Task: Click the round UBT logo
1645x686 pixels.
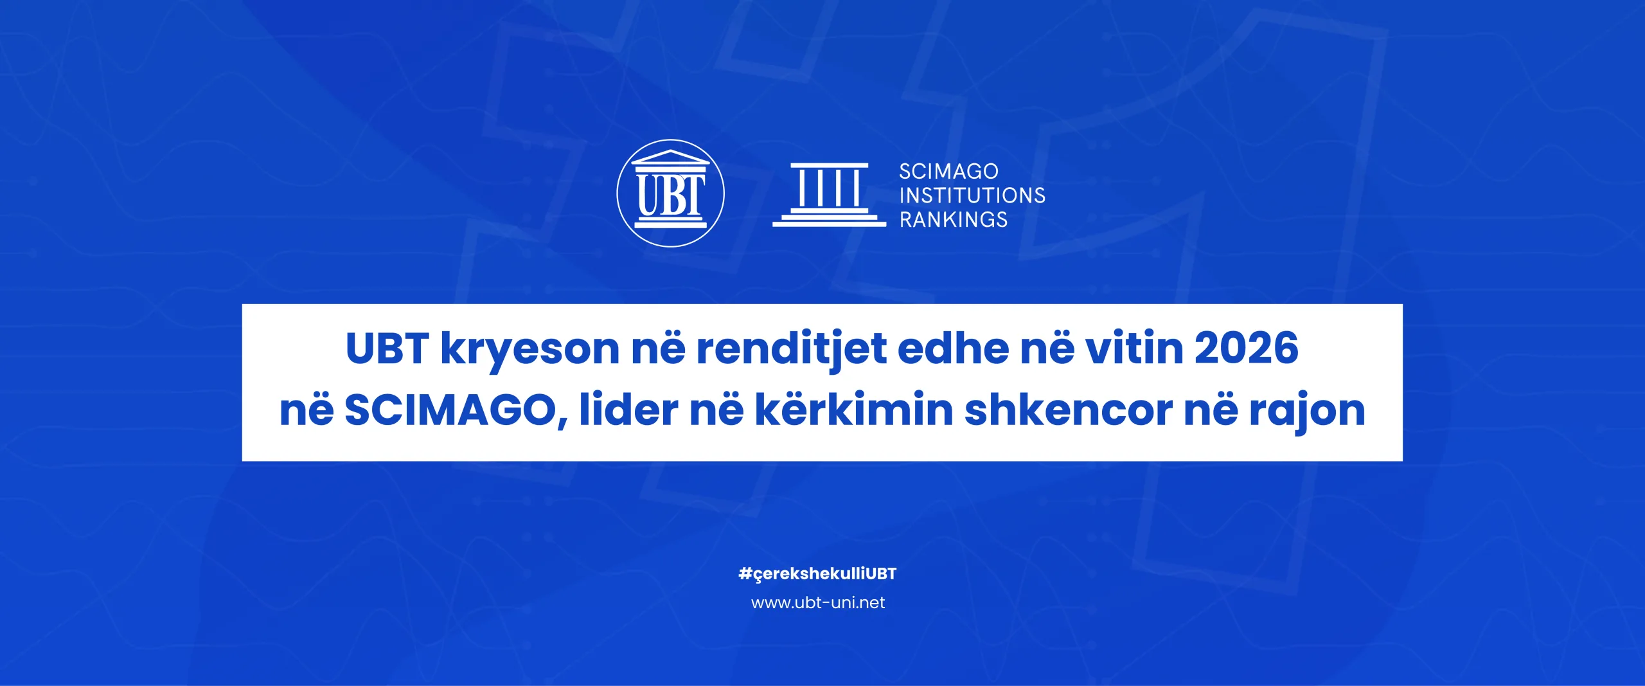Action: (670, 193)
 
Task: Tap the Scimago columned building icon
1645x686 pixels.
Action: (829, 195)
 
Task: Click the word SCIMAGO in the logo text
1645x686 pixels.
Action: (948, 172)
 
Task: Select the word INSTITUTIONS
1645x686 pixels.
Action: (972, 195)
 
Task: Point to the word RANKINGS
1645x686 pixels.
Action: (954, 220)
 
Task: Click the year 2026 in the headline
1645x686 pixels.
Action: (1247, 348)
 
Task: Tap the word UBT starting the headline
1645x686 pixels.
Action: (387, 348)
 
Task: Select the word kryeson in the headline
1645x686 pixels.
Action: (530, 351)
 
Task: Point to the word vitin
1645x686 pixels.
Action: (1135, 348)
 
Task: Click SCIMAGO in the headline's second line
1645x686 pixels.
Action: (450, 410)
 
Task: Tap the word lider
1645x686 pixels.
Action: (628, 409)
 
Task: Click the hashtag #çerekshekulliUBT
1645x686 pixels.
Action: (817, 573)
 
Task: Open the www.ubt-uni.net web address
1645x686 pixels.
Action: (818, 602)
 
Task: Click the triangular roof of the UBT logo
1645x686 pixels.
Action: (670, 157)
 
